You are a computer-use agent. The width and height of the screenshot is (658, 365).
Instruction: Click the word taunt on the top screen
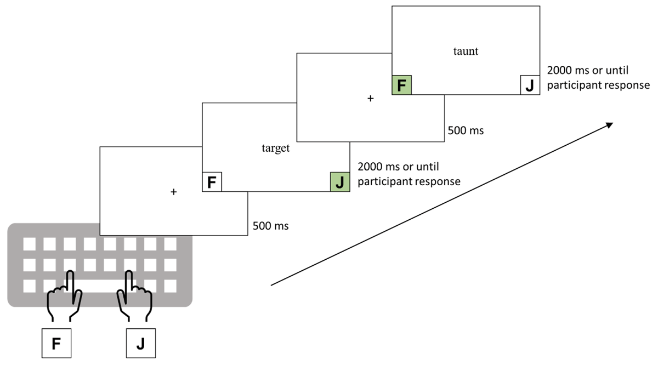466,52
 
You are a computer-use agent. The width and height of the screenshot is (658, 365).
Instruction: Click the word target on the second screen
275,149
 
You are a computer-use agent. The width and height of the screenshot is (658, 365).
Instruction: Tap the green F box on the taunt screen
401,85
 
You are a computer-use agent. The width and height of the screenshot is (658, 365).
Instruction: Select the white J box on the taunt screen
529,85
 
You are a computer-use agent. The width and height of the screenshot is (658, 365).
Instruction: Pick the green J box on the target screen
339,182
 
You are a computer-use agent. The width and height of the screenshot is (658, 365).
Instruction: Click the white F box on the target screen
212,182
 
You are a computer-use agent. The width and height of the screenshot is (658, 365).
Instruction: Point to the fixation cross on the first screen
174,192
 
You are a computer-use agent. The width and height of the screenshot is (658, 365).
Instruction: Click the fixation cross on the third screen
370,99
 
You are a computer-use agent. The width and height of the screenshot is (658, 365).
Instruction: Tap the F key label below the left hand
56,344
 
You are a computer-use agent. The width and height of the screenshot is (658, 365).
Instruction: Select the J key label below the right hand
141,344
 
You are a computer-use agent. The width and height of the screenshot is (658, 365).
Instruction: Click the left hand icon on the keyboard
65,299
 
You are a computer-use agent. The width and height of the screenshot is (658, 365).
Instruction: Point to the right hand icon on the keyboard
134,299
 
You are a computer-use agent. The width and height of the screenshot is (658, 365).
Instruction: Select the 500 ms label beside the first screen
271,226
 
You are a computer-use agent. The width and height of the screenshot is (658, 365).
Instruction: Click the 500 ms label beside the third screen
466,131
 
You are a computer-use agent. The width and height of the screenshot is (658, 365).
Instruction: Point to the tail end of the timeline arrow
273,285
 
